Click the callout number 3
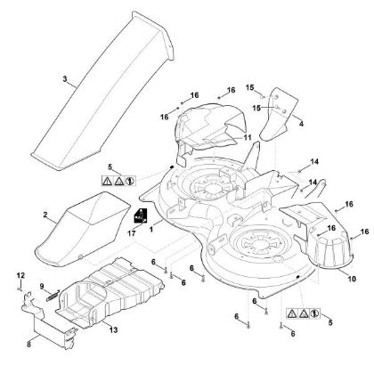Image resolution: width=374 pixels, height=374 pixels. pyautogui.click(x=64, y=78)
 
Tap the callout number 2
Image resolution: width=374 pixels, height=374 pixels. pyautogui.click(x=45, y=215)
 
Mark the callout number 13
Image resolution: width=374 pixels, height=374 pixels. pyautogui.click(x=113, y=330)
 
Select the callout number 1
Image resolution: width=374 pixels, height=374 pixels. pyautogui.click(x=151, y=230)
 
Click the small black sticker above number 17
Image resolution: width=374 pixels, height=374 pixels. pyautogui.click(x=139, y=215)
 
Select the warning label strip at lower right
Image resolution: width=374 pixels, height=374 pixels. pyautogui.click(x=303, y=314)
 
